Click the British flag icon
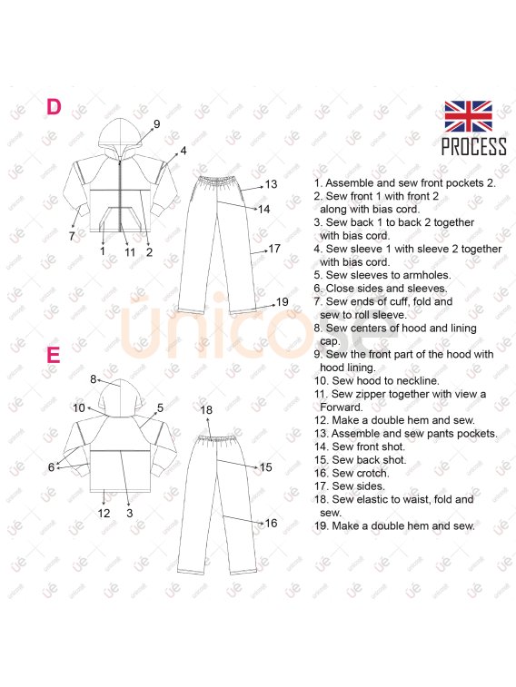click(468, 116)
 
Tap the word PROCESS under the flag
click(473, 146)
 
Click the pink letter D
click(54, 107)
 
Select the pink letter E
click(53, 355)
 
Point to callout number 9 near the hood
click(156, 124)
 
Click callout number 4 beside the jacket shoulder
click(184, 151)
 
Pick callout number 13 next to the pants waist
click(271, 184)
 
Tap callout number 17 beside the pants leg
click(274, 249)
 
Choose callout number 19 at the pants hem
click(282, 302)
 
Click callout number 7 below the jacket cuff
click(72, 236)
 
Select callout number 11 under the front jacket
click(130, 252)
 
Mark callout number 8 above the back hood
click(93, 379)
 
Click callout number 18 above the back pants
click(206, 409)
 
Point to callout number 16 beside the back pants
click(271, 523)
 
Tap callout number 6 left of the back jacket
click(51, 467)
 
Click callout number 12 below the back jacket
click(104, 513)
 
